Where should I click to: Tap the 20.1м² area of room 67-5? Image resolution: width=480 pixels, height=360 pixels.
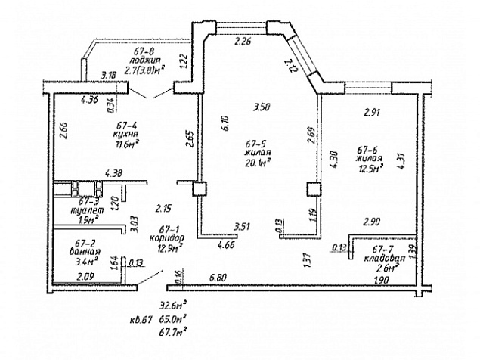[258, 161]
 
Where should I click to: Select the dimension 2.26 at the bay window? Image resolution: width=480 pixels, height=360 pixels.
[243, 42]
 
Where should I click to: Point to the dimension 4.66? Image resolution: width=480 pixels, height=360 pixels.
[226, 246]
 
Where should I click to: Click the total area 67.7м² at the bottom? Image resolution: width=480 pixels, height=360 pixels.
[173, 331]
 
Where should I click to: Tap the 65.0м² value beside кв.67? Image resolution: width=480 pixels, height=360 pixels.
[173, 318]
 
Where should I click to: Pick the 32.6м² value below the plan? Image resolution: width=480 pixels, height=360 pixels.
[173, 306]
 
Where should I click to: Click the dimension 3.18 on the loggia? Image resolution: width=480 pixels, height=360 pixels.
[109, 76]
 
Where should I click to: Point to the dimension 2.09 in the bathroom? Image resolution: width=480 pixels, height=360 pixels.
[86, 277]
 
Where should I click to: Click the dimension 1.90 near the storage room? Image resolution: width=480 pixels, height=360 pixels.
[382, 281]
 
